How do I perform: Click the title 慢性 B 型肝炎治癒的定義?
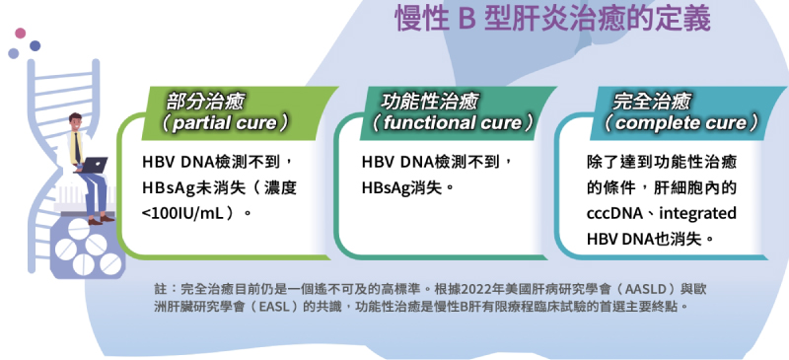click(552, 18)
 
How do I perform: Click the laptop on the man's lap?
click(93, 164)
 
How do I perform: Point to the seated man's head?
click(75, 121)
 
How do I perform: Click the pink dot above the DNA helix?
click(20, 34)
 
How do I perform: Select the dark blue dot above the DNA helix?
click(35, 45)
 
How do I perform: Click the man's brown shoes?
click(102, 220)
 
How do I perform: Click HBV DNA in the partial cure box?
click(178, 163)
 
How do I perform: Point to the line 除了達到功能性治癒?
click(662, 163)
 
